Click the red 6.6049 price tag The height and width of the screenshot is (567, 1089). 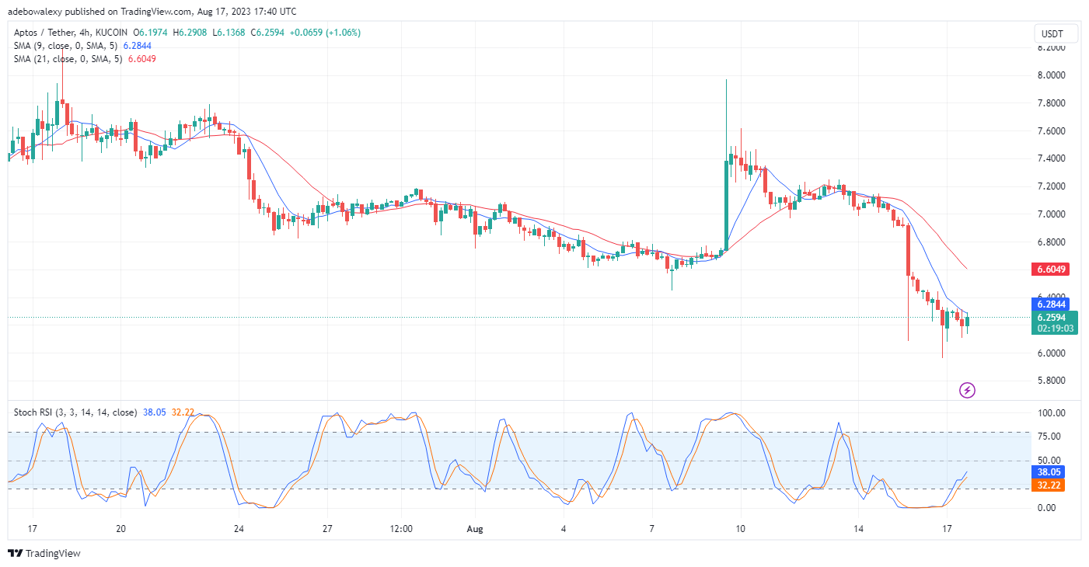click(1050, 270)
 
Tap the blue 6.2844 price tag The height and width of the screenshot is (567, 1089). click(1050, 304)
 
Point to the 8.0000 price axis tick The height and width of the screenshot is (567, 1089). click(1051, 75)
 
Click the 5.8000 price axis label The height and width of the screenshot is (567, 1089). click(1051, 381)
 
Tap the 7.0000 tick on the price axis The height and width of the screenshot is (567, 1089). click(1051, 214)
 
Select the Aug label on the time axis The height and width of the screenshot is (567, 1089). click(475, 529)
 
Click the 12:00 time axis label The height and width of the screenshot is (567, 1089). click(401, 529)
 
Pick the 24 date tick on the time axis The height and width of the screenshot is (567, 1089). click(239, 529)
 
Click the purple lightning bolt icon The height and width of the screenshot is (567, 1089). click(967, 390)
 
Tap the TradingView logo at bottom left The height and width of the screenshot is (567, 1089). click(44, 553)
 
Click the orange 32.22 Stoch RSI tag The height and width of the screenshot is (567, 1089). click(1048, 485)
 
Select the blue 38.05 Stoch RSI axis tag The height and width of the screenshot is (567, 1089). click(1048, 471)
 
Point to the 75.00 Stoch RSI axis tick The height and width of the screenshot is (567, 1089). click(1049, 437)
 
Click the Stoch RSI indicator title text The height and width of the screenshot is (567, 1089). click(75, 412)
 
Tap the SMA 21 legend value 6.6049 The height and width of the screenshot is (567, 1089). click(142, 59)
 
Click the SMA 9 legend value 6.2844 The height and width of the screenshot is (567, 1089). click(137, 46)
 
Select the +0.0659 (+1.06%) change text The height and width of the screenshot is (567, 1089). click(325, 33)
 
